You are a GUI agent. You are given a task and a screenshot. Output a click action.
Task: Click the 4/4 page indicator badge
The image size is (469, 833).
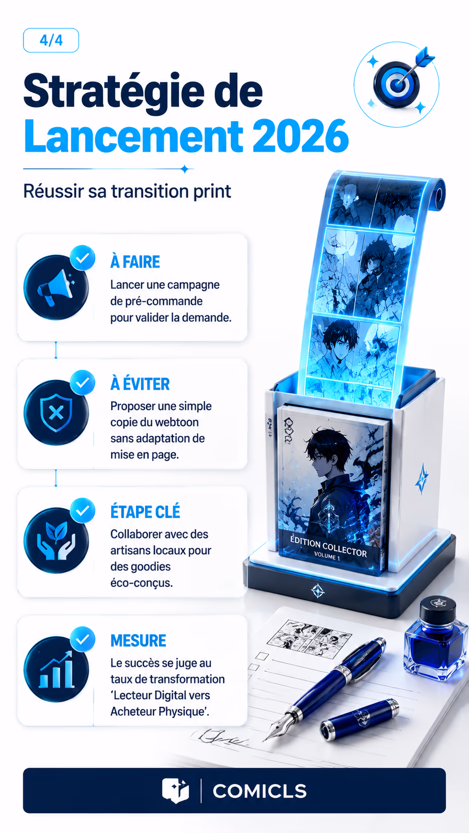point(51,40)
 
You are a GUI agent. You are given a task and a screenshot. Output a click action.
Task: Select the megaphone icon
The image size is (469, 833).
point(56,287)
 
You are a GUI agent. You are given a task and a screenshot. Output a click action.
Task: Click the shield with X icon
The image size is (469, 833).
point(56,413)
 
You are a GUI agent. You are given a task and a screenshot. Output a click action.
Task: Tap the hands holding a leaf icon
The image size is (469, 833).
point(56,541)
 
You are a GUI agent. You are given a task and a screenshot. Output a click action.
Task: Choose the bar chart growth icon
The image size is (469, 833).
point(56,670)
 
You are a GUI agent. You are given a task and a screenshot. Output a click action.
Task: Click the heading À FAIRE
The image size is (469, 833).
point(135,262)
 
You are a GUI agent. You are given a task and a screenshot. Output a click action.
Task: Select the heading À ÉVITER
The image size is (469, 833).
point(140,384)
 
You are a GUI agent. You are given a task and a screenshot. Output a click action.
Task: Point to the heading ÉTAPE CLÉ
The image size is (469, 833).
point(145,512)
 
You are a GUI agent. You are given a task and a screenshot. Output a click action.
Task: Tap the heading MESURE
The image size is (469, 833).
point(139,640)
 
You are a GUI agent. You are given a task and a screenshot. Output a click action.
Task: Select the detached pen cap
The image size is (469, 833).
point(359,717)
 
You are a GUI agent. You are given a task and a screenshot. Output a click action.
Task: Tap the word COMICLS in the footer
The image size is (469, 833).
point(260,791)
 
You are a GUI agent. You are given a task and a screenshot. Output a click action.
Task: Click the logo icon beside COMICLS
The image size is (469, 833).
point(175,790)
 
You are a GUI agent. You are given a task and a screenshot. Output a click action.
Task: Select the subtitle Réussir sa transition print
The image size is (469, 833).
point(127,191)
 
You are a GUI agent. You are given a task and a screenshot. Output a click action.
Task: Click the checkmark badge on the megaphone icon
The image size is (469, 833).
point(83,258)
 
